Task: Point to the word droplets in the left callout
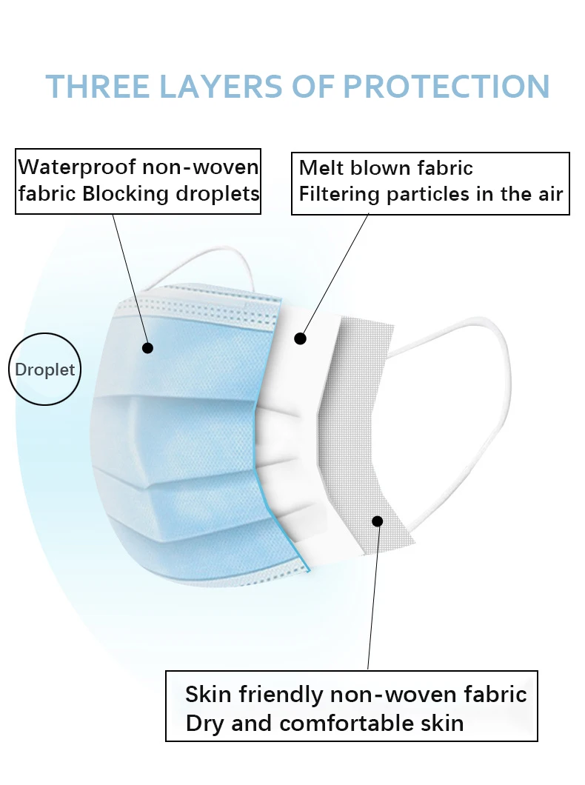(x=218, y=194)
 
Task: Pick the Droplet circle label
(x=45, y=370)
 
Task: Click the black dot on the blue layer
(x=147, y=347)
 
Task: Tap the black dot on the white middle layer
(x=300, y=338)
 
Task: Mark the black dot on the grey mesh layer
(x=377, y=521)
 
